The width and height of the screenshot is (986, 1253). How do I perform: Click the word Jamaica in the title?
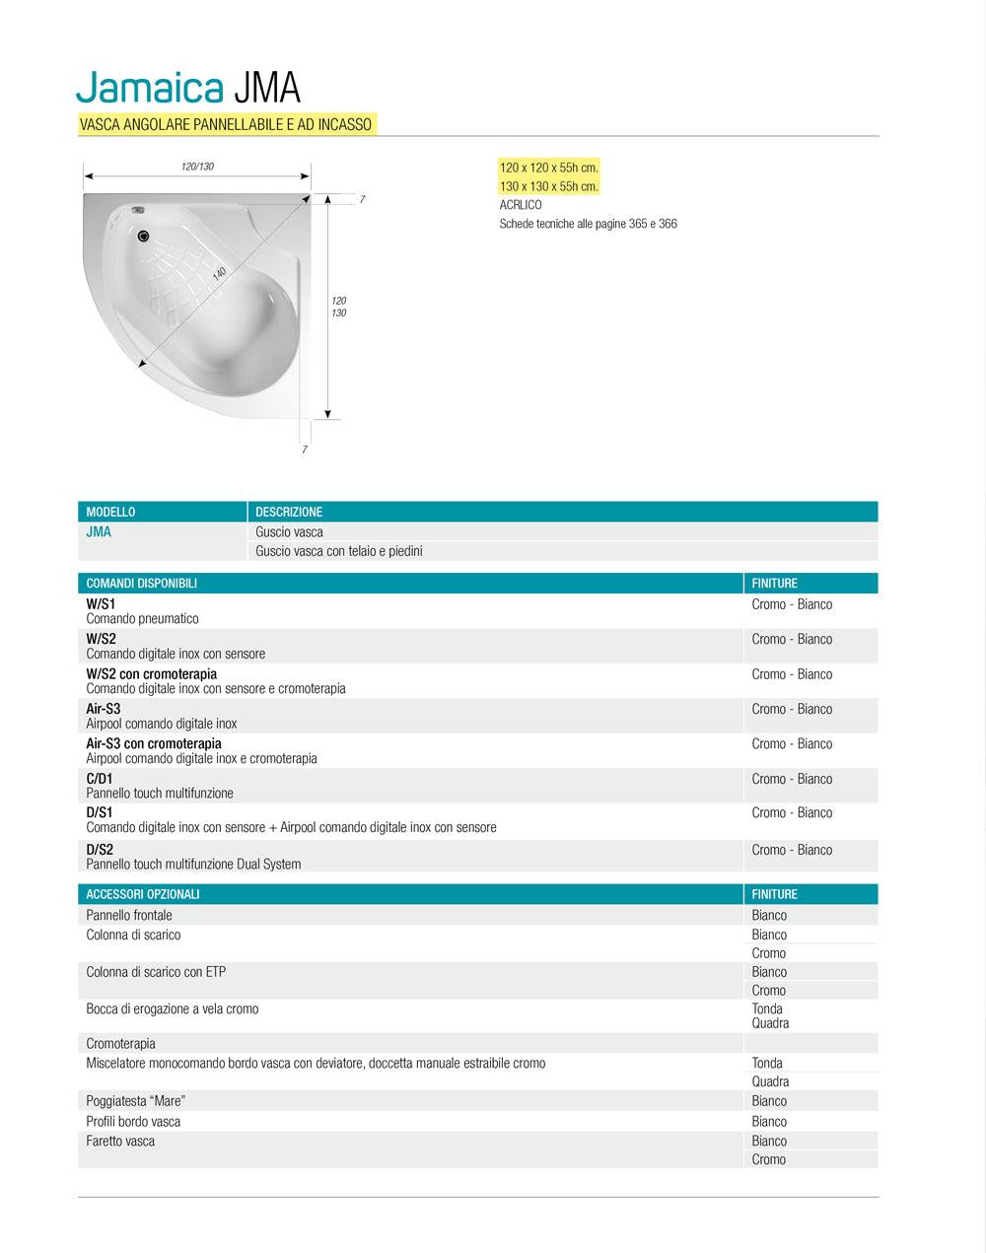click(x=150, y=88)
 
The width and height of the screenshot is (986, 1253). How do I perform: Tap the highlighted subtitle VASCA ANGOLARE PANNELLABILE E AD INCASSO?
click(x=226, y=124)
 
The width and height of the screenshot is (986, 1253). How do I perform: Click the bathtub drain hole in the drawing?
click(x=144, y=236)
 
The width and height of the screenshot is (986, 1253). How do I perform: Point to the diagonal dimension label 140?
click(x=220, y=273)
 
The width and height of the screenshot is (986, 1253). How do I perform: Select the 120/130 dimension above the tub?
click(x=197, y=167)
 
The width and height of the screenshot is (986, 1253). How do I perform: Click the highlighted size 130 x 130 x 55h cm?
click(x=548, y=186)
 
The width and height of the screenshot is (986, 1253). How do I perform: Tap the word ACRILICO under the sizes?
click(x=521, y=205)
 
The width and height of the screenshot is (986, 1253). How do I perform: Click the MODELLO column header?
click(x=110, y=512)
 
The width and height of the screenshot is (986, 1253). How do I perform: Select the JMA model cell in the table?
click(x=99, y=532)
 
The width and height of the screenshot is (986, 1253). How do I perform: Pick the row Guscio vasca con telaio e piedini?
click(x=338, y=551)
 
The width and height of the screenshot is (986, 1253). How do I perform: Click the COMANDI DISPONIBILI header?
click(x=141, y=584)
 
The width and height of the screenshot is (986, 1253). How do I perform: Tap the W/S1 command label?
click(x=101, y=603)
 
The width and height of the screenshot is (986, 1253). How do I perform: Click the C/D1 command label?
click(x=100, y=778)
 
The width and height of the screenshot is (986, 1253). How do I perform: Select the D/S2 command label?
click(x=100, y=849)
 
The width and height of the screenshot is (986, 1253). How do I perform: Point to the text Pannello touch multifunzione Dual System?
click(x=193, y=865)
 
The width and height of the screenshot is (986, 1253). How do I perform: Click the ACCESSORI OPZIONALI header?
click(x=143, y=894)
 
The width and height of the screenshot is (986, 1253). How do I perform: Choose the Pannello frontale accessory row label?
click(x=129, y=915)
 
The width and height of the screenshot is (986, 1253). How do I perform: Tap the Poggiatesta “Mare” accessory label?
click(x=135, y=1100)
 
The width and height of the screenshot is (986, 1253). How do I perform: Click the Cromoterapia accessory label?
click(x=120, y=1043)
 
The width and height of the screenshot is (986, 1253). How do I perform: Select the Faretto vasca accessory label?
click(x=120, y=1141)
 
